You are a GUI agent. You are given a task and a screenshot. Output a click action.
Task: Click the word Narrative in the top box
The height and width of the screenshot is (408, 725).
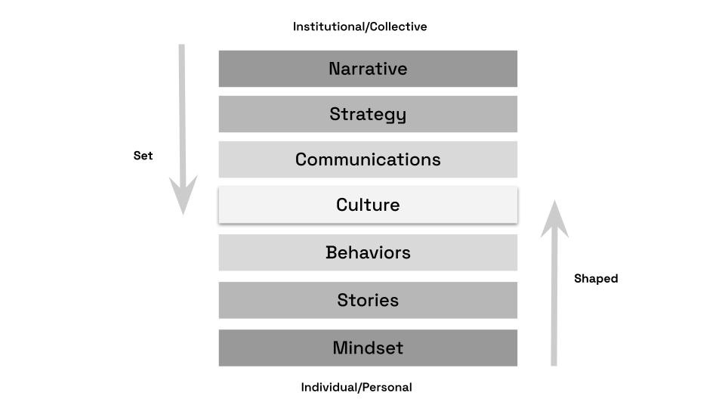click(x=368, y=69)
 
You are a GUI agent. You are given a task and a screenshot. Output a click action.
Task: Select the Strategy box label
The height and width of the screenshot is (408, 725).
click(x=368, y=114)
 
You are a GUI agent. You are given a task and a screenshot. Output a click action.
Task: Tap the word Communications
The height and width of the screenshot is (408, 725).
click(x=368, y=159)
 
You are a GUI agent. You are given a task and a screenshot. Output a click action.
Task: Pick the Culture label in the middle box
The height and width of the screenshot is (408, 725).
click(x=368, y=205)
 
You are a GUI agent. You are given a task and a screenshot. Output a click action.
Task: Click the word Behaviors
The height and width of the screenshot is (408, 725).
click(x=368, y=252)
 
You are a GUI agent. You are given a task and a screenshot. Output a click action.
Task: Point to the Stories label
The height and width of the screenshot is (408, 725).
click(x=368, y=300)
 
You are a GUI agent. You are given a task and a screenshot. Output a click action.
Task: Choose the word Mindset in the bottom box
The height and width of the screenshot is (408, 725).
click(x=368, y=348)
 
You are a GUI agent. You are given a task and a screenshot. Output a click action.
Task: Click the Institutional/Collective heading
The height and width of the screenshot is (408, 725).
click(x=359, y=26)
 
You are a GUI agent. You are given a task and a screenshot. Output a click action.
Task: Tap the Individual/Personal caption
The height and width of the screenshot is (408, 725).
click(x=356, y=387)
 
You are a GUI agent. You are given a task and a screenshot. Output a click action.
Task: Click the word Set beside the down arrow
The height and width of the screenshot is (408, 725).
click(x=143, y=156)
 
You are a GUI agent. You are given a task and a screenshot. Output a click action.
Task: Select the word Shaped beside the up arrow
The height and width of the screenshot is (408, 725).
click(x=596, y=278)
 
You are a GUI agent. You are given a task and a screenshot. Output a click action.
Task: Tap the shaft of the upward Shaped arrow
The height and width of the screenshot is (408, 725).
click(x=554, y=302)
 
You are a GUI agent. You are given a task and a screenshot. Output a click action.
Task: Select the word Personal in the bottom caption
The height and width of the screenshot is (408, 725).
click(x=386, y=387)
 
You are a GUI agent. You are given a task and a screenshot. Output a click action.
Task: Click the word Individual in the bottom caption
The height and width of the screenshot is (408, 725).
click(x=329, y=387)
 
